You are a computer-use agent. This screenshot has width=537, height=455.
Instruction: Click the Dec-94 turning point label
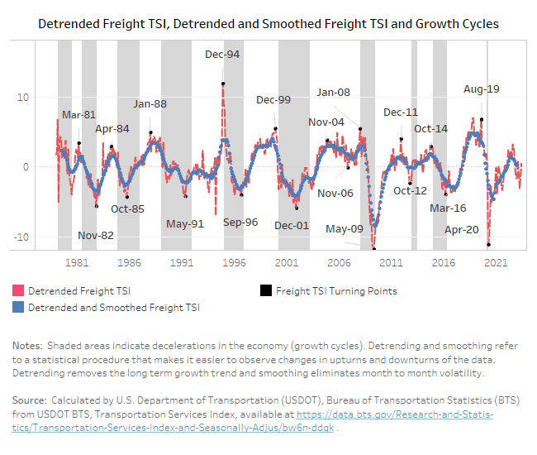point(222,55)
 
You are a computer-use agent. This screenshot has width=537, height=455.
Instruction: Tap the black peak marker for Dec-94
point(223,84)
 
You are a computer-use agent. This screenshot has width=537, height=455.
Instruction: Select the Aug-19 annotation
point(482,89)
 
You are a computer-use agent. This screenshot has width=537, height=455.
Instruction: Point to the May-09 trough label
point(344,229)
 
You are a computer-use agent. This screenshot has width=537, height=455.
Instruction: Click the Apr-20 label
point(462,230)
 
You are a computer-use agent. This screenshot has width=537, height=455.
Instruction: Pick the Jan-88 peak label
point(150,103)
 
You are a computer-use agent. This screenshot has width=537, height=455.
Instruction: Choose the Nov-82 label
point(96,235)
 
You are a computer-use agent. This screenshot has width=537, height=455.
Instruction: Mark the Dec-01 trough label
point(292,225)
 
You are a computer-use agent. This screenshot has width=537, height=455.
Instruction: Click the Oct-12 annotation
point(410,190)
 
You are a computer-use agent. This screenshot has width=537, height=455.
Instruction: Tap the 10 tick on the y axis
point(45,97)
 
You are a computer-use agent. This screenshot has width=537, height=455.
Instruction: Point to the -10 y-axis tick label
point(43,237)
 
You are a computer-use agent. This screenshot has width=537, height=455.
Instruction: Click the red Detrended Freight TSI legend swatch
point(18,291)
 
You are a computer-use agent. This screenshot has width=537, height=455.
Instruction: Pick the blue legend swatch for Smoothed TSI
point(18,307)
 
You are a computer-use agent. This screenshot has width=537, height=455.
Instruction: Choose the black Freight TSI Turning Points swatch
point(265,291)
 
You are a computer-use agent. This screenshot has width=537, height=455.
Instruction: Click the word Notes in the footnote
point(27,344)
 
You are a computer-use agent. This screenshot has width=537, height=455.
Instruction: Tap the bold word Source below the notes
point(31,400)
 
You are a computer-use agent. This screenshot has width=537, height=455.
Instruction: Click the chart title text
point(268,24)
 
